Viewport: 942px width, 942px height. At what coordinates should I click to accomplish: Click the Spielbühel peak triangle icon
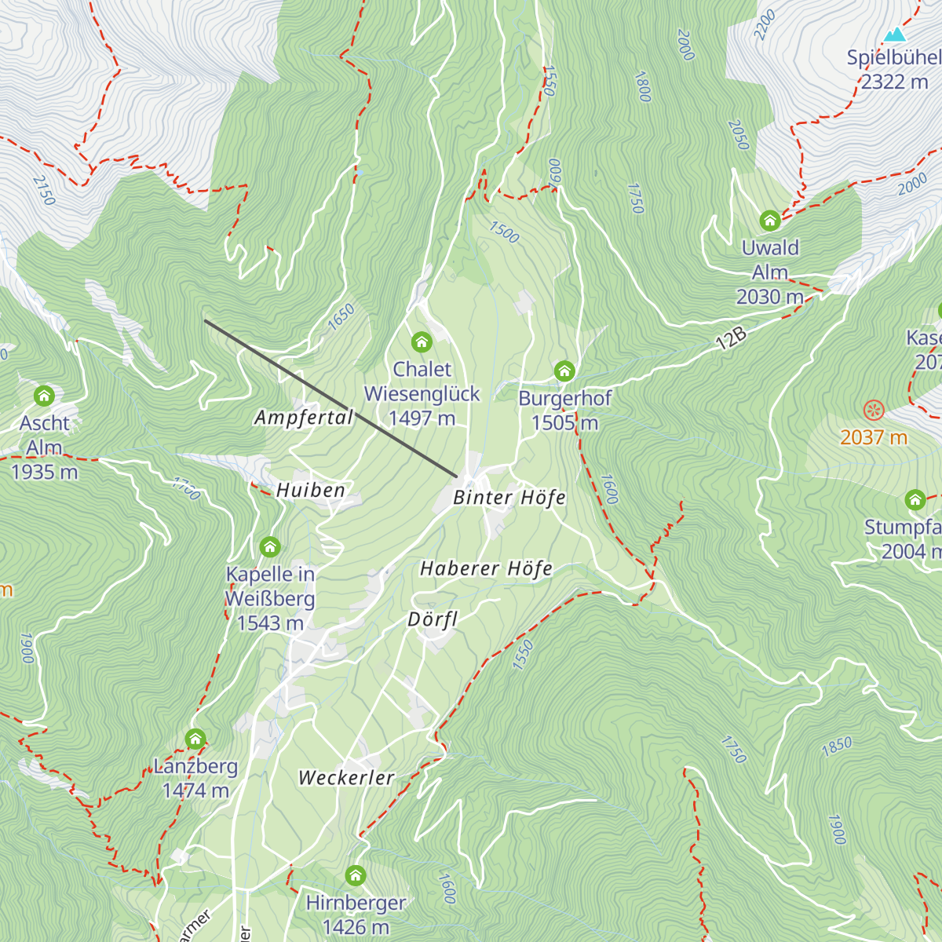pyautogui.click(x=894, y=35)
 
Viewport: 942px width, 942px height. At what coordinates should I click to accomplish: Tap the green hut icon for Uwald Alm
pyautogui.click(x=770, y=220)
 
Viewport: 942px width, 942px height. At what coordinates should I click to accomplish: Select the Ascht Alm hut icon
pyautogui.click(x=44, y=395)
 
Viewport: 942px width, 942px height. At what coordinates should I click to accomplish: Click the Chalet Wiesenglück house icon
pyautogui.click(x=422, y=341)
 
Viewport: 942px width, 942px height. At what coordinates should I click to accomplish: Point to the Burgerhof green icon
pyautogui.click(x=564, y=371)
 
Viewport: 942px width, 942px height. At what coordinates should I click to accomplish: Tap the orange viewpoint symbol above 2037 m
pyautogui.click(x=874, y=410)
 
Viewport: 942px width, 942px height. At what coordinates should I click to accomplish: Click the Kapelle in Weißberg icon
pyautogui.click(x=270, y=546)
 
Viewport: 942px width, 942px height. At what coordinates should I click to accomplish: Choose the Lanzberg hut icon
pyautogui.click(x=195, y=739)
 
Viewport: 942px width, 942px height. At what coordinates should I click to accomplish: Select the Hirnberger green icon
pyautogui.click(x=356, y=874)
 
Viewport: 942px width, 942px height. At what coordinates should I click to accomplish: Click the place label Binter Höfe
pyautogui.click(x=509, y=498)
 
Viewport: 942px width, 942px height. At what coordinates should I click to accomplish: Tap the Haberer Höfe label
pyautogui.click(x=486, y=568)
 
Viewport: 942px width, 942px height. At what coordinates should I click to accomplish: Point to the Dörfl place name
pyautogui.click(x=433, y=619)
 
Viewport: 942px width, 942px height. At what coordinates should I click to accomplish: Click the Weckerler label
pyautogui.click(x=346, y=778)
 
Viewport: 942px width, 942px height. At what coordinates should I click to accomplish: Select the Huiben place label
pyautogui.click(x=310, y=491)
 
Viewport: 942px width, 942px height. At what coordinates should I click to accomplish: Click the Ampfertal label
pyautogui.click(x=304, y=418)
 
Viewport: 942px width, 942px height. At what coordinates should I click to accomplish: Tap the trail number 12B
pyautogui.click(x=731, y=338)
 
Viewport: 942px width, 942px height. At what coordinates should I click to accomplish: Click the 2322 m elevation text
pyautogui.click(x=894, y=82)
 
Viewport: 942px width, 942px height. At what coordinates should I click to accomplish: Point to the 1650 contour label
pyautogui.click(x=341, y=317)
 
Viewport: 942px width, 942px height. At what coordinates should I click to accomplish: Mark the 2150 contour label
pyautogui.click(x=44, y=190)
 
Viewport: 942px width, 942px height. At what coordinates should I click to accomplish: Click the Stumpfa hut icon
pyautogui.click(x=915, y=499)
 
